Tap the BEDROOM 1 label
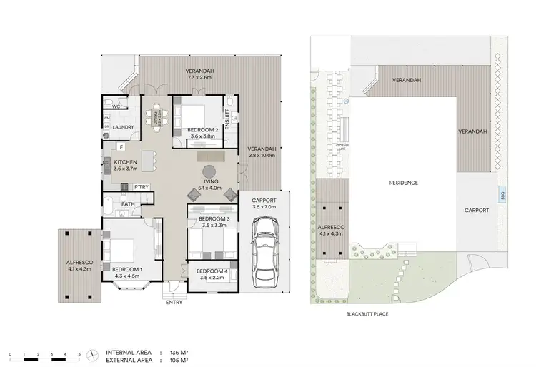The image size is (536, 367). pos(127,269)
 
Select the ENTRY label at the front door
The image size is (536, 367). pos(173,302)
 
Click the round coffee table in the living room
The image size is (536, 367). pos(209,172)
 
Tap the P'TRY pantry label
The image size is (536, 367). pos(141,187)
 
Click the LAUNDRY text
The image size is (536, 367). pos(123,129)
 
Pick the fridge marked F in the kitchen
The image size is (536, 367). pos(122,147)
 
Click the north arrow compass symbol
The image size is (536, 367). pos(91,354)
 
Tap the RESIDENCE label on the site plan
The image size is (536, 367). pos(404,183)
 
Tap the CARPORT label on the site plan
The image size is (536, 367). pos(477,211)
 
